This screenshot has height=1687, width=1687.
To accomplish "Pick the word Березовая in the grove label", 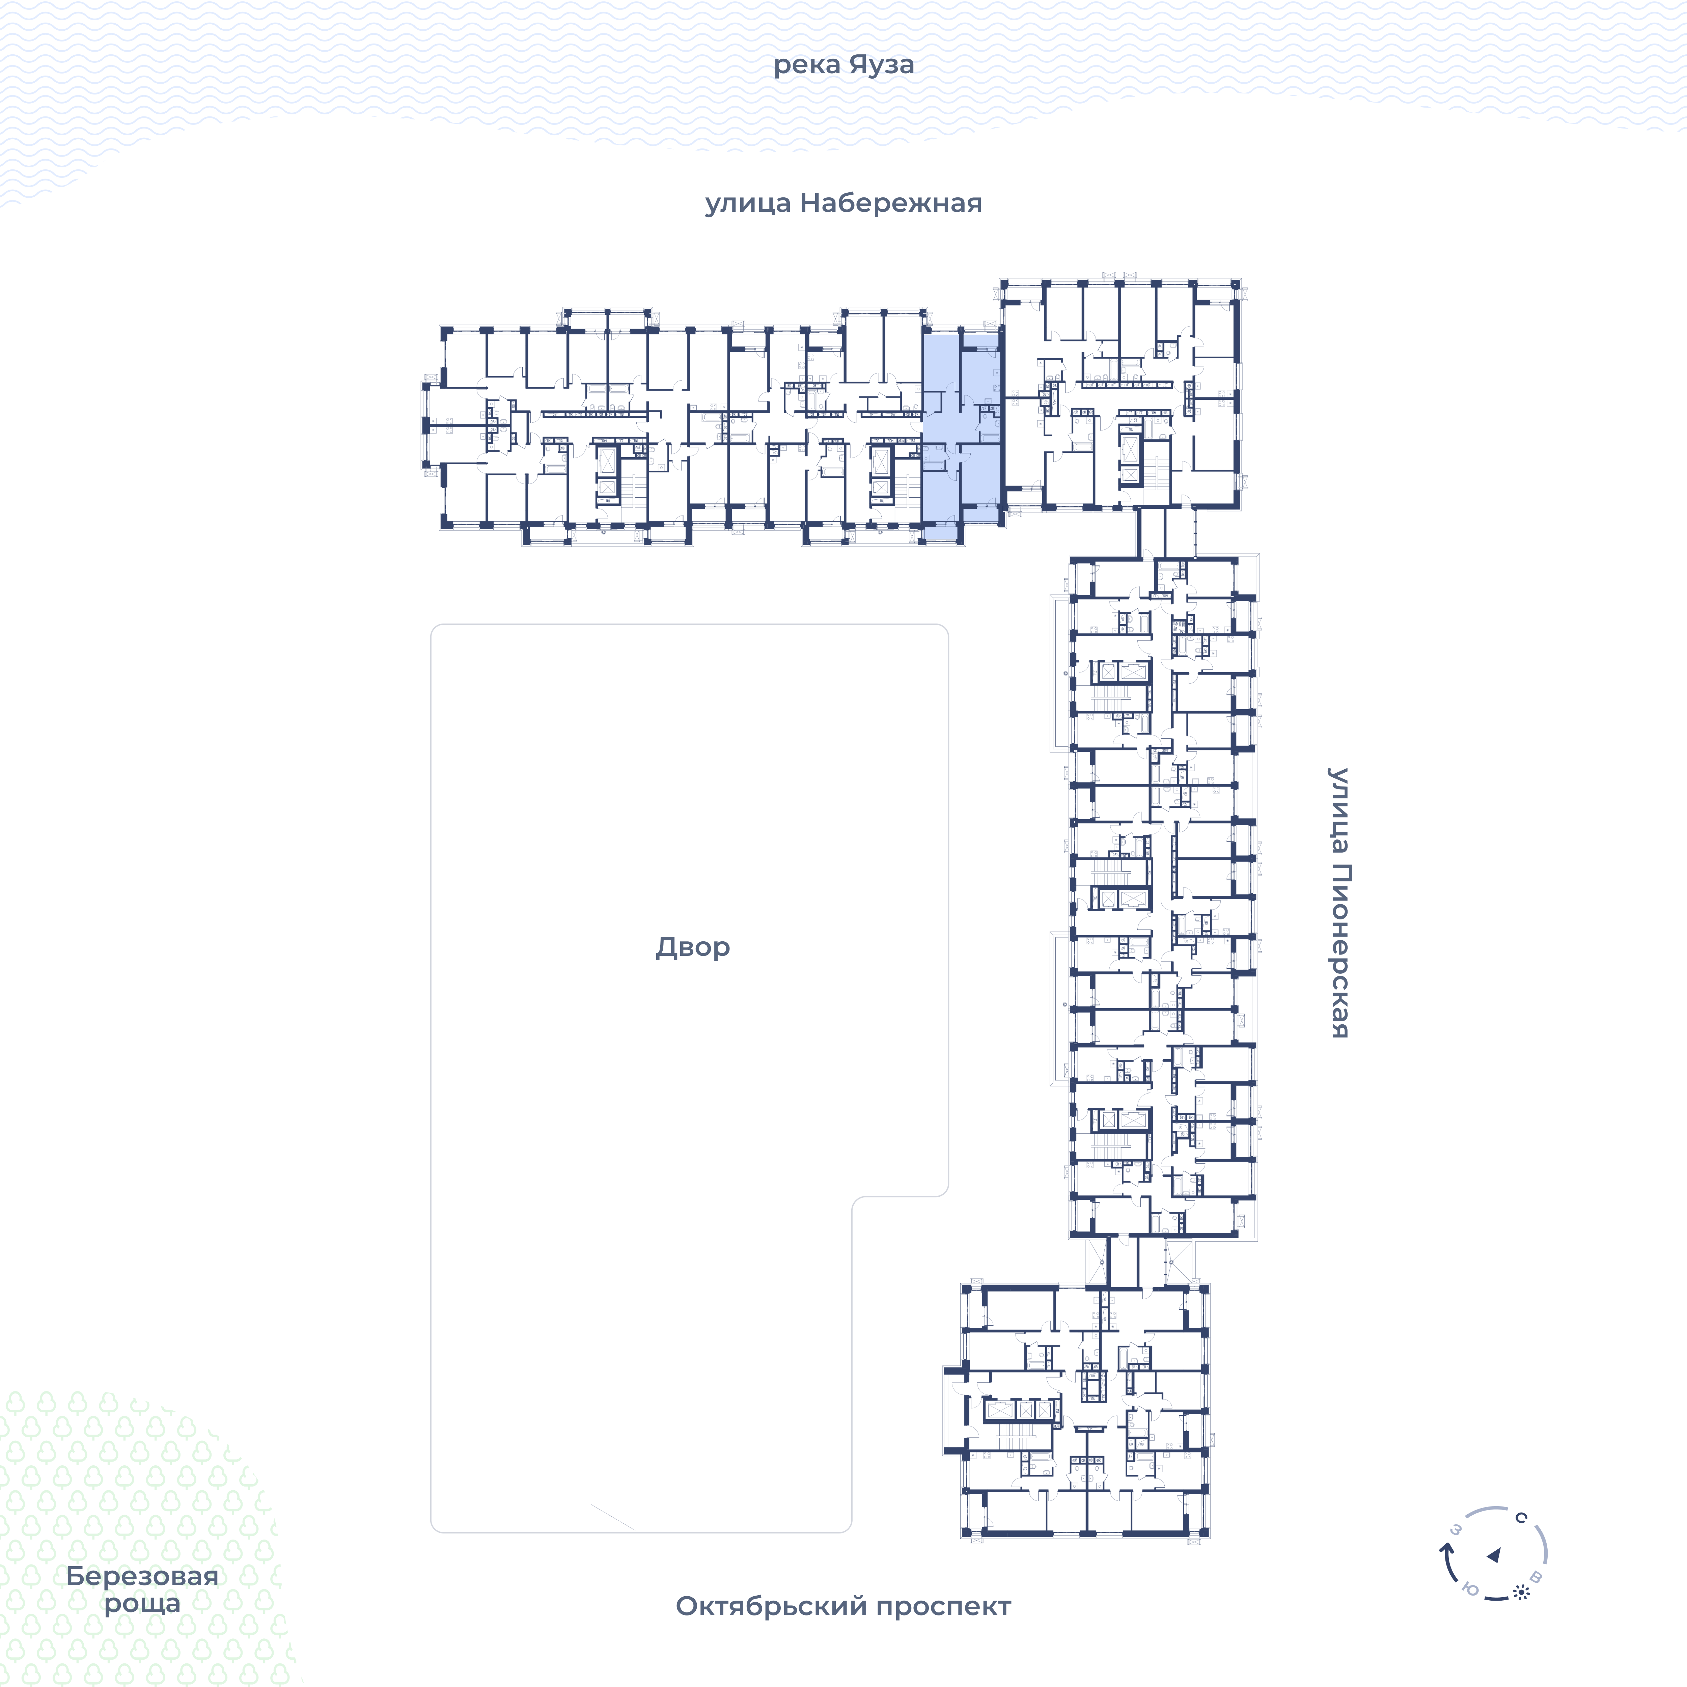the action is coord(142,1576).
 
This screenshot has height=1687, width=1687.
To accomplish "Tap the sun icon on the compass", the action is coord(1521,1593).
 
